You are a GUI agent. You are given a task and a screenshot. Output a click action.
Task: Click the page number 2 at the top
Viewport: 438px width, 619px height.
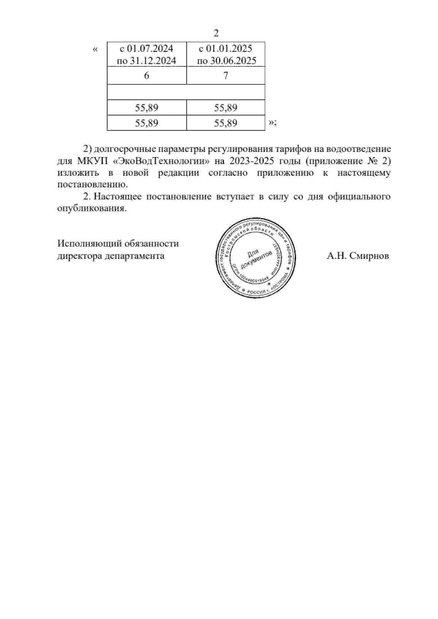(x=216, y=34)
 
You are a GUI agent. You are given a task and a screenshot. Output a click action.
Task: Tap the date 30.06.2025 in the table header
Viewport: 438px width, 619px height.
(x=233, y=61)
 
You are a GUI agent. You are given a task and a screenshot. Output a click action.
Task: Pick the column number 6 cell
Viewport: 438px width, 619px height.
(x=147, y=76)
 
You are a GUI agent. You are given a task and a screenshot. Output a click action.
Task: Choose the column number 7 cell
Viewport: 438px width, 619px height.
(x=226, y=76)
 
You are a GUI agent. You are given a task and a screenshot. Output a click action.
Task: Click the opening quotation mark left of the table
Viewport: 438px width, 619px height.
(x=96, y=49)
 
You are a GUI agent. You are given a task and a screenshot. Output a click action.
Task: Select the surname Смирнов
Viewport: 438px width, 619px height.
(x=369, y=256)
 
